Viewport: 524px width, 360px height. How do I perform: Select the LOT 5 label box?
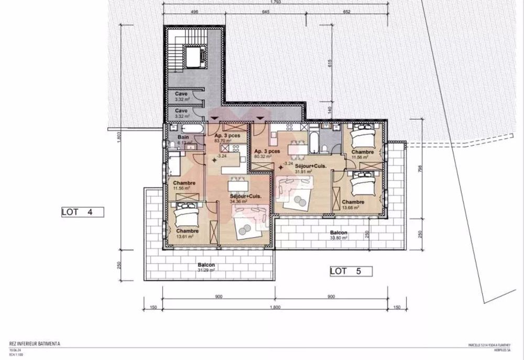[351, 271]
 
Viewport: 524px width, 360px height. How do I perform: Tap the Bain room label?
[183, 139]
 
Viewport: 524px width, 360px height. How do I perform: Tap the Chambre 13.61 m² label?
[187, 233]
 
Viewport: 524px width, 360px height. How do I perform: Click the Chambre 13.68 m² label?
[353, 204]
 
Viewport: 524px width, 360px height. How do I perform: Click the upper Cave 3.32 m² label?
[182, 96]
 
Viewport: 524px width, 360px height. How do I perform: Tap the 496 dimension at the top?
[194, 11]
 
